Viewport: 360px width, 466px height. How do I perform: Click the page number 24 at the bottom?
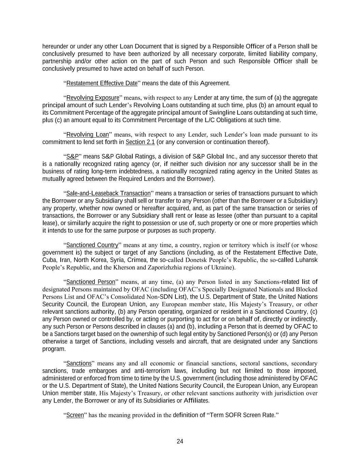(180, 441)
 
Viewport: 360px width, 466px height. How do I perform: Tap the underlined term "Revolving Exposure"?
(93, 98)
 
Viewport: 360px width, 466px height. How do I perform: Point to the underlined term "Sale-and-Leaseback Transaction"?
(109, 193)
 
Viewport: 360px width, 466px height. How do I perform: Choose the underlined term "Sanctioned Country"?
(92, 245)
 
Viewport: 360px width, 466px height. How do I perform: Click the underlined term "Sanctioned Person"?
(91, 282)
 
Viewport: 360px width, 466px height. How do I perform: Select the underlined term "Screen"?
(75, 415)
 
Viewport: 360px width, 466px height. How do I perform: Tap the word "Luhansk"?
(307, 260)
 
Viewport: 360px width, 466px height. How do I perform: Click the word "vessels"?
(165, 341)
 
